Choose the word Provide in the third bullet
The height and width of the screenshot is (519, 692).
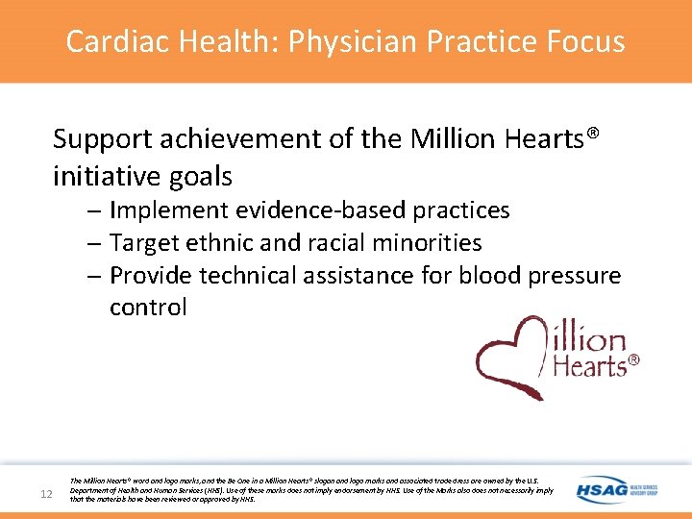pos(152,276)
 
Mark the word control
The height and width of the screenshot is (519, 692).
pos(148,308)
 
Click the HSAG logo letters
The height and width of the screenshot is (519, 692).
pos(601,489)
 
